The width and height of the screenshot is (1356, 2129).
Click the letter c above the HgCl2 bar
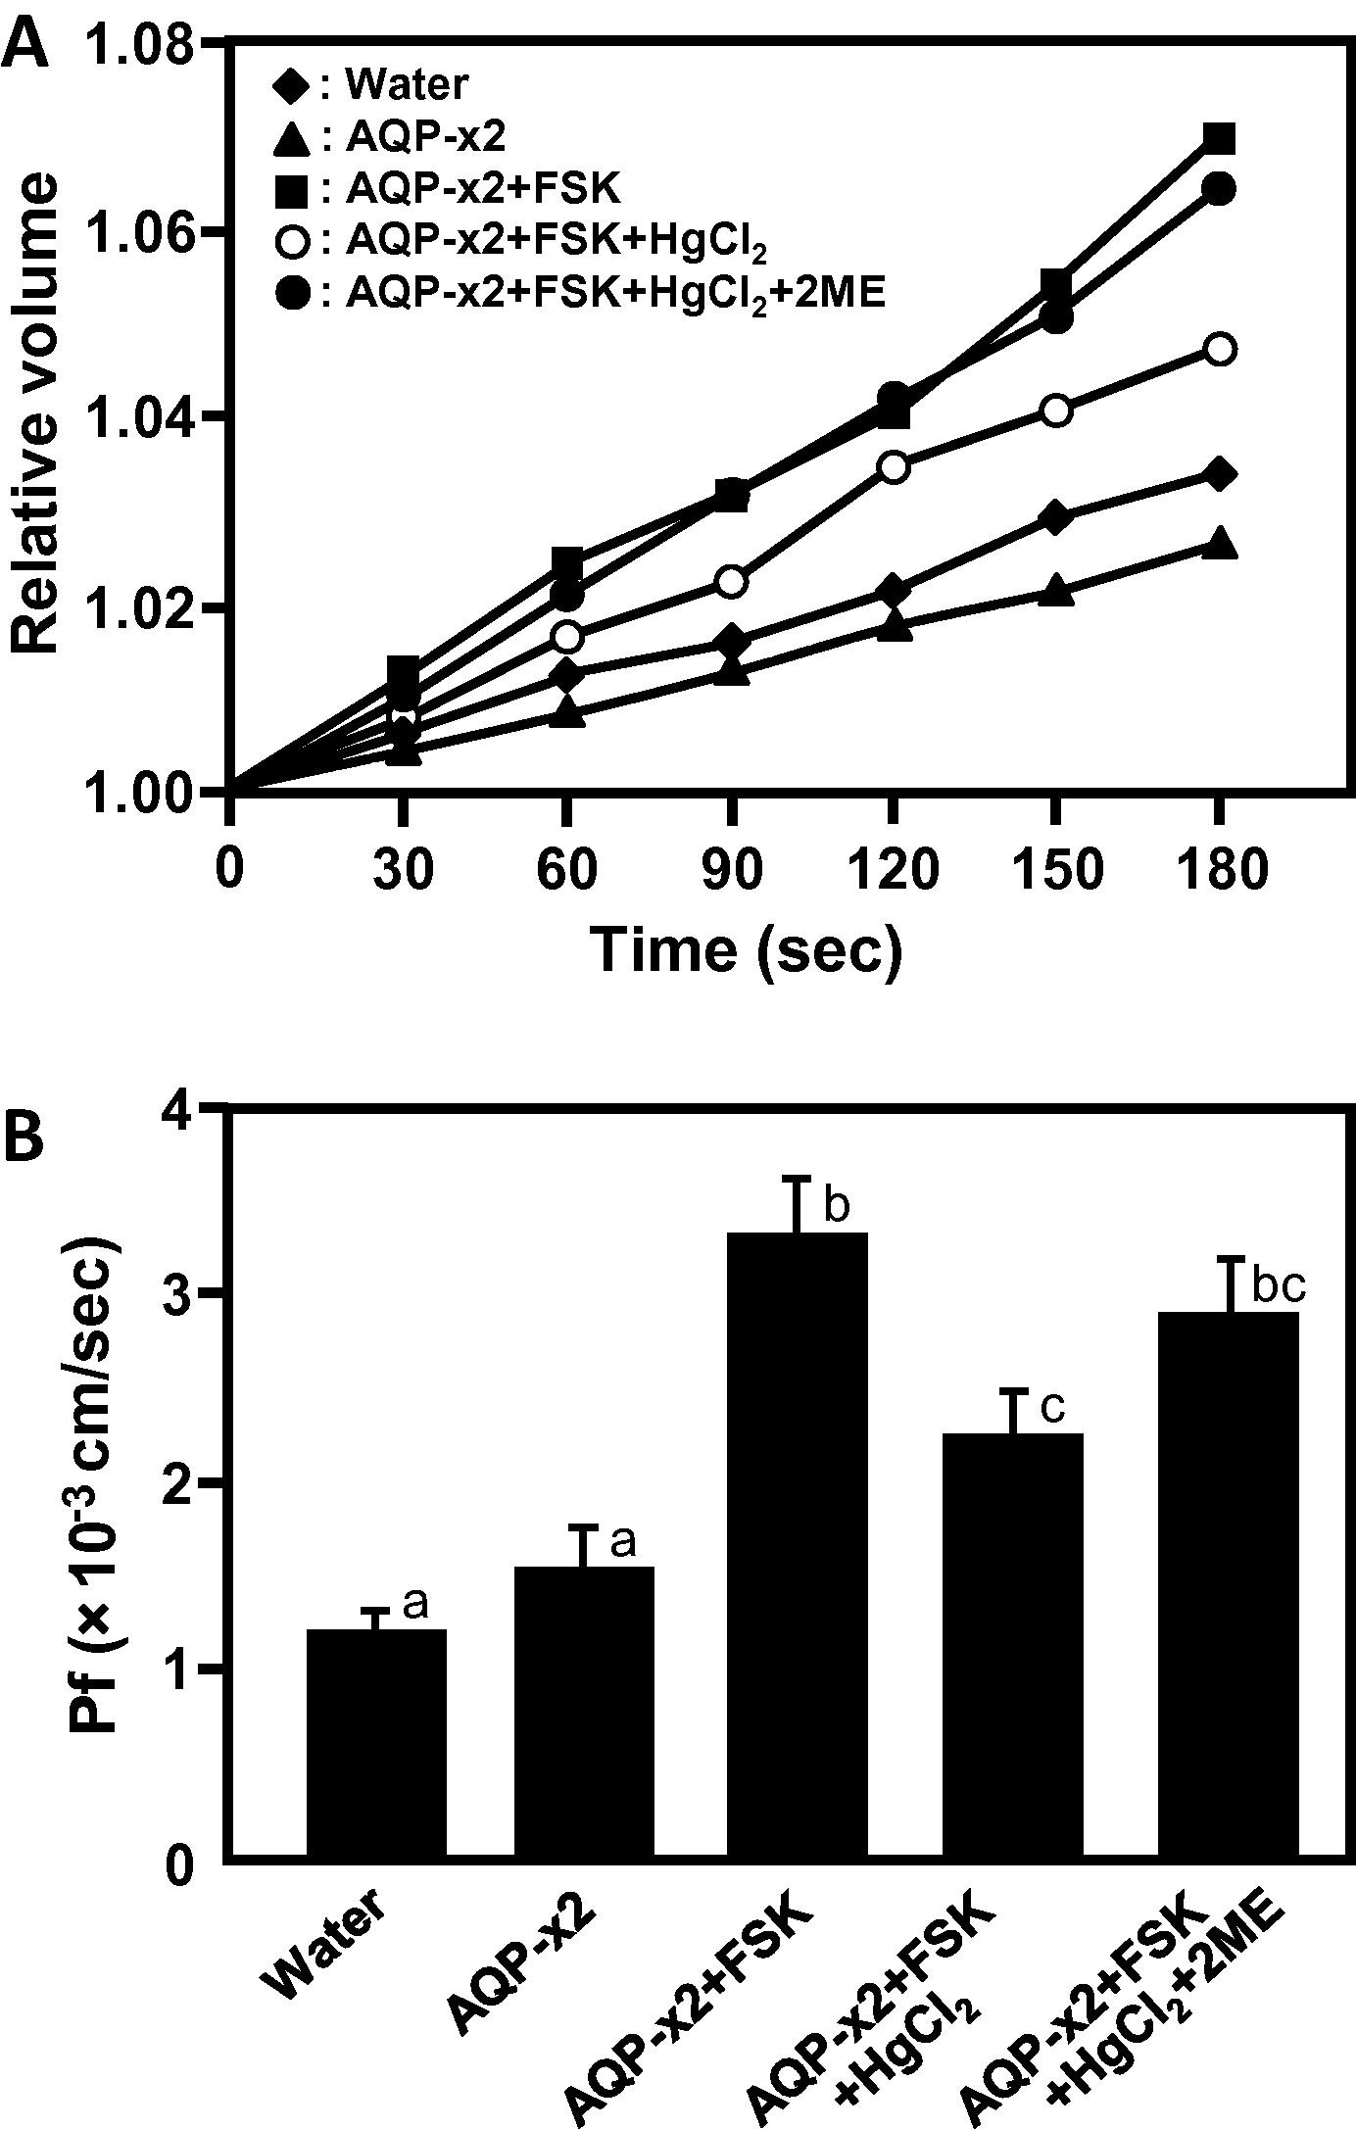click(1051, 1407)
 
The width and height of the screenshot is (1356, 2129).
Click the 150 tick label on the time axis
click(1054, 870)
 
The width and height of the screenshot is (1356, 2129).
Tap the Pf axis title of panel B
click(94, 1482)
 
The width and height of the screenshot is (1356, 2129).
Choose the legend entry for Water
click(370, 86)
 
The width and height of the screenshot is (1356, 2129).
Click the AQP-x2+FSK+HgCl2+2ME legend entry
click(578, 292)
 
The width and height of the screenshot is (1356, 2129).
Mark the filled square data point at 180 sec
click(1219, 138)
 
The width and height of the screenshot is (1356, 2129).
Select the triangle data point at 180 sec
click(1219, 544)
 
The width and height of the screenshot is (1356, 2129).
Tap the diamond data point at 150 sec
click(1055, 517)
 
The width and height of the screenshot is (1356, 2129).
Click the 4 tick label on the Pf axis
click(182, 1111)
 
